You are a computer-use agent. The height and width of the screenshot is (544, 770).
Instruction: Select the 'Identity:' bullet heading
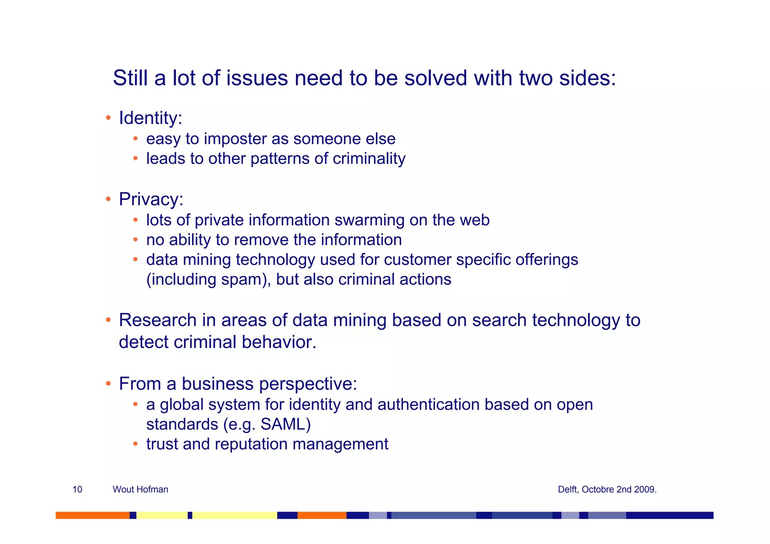click(x=150, y=118)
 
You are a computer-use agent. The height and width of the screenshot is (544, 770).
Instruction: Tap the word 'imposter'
click(x=235, y=139)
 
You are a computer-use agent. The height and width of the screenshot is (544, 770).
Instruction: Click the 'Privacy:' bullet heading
click(x=151, y=199)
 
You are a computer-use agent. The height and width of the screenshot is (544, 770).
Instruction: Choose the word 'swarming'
click(x=369, y=220)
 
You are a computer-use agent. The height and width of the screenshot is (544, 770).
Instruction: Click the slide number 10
click(x=77, y=489)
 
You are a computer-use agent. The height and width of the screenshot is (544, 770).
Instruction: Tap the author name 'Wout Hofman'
click(x=140, y=489)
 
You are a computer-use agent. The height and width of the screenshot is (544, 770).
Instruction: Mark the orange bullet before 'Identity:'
click(x=108, y=118)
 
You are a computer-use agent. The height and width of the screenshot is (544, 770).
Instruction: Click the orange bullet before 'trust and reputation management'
click(x=135, y=444)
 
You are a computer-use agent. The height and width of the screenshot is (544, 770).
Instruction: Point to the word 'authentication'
click(x=428, y=405)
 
